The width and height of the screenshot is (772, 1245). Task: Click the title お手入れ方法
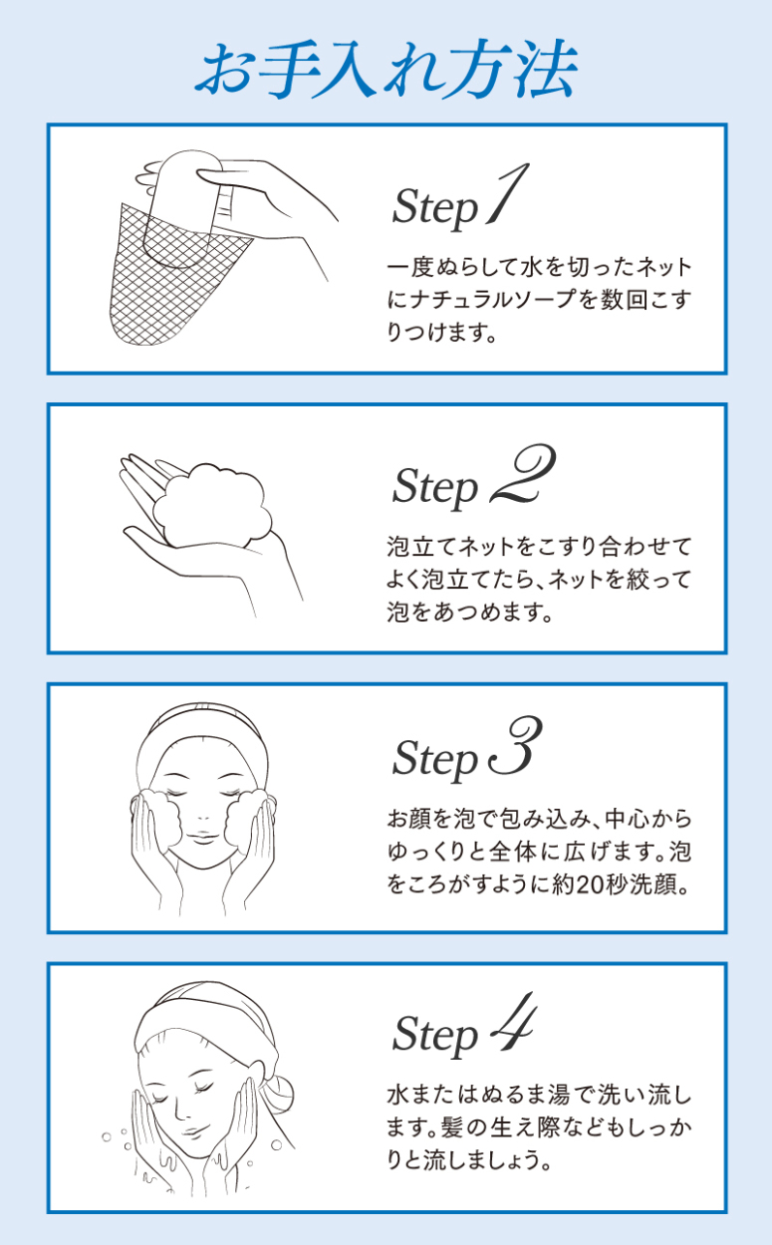[386, 69]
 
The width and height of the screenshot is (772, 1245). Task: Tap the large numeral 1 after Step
[508, 193]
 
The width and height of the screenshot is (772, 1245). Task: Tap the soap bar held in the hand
[181, 208]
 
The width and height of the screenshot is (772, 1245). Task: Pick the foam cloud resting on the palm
[212, 504]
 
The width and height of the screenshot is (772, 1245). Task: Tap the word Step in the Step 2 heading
[435, 486]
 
